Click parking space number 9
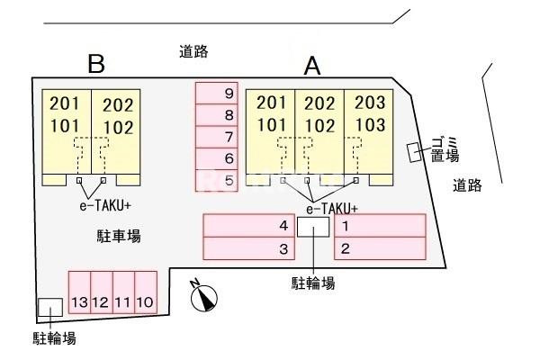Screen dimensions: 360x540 [216, 93]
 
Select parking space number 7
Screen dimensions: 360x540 [216, 137]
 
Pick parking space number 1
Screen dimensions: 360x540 [378, 225]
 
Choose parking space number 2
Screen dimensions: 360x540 [378, 247]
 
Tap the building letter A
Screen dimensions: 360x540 [312, 65]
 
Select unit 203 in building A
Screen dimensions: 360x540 [370, 103]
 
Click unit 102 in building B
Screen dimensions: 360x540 [117, 126]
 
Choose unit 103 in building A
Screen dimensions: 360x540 [370, 124]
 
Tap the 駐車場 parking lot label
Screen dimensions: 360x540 [118, 236]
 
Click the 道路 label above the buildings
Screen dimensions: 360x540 [193, 51]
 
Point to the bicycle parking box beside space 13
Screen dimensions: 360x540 [49, 307]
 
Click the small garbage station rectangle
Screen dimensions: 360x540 [414, 153]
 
